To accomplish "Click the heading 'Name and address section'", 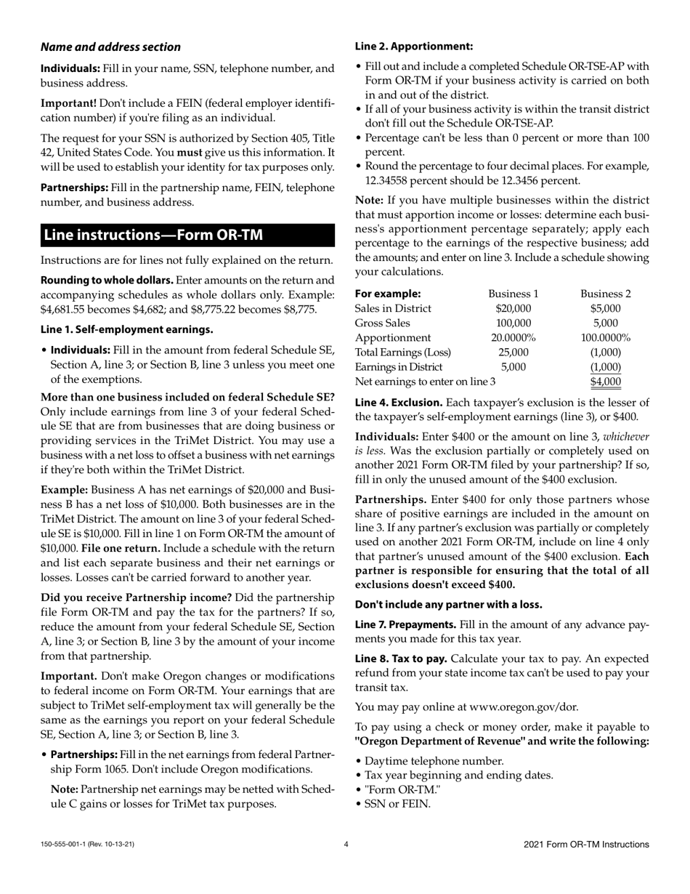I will point(110,47).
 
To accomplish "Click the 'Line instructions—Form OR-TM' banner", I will point(153,235).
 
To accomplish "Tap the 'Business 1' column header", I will point(513,294).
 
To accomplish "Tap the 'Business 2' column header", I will point(605,294).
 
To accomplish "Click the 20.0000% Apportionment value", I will point(513,337).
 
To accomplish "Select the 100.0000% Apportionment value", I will point(605,337).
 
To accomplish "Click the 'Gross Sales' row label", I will point(383,323).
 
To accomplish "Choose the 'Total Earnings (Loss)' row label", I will point(402,352).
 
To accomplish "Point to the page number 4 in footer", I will point(346,845).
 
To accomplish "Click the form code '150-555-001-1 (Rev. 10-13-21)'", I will point(87,845).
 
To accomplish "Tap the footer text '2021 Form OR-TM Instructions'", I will point(586,845).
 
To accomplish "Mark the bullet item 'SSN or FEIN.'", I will point(397,804).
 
